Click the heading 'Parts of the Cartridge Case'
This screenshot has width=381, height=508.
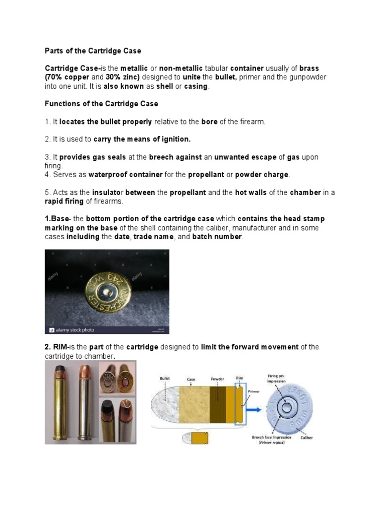93,51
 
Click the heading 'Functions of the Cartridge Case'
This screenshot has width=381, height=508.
101,104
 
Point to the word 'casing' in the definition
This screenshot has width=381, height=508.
196,86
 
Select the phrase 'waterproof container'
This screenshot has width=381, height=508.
126,175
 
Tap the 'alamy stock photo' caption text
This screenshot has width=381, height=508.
75,329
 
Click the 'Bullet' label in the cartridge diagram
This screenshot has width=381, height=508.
165,378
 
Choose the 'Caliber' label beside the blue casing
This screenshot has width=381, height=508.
306,438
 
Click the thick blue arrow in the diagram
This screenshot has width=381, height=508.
254,410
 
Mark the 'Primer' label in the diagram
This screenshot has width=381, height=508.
253,390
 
